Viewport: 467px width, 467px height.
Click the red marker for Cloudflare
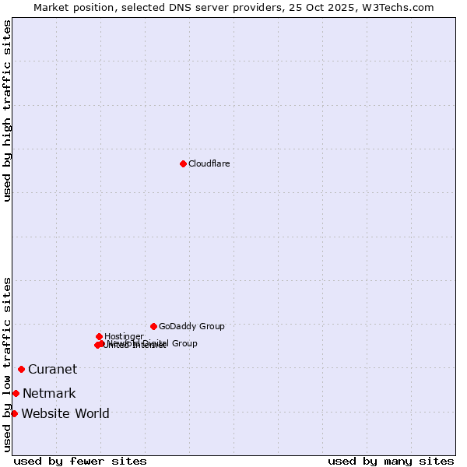coord(183,163)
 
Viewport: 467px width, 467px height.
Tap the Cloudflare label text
coord(209,163)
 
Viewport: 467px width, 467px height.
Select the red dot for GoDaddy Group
coord(153,326)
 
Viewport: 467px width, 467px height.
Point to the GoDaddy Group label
coord(191,326)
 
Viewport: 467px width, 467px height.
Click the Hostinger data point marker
coord(99,336)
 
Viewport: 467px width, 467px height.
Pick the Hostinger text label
coord(124,336)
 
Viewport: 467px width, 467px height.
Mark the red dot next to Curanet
coord(21,369)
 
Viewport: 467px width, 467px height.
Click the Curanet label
coord(52,369)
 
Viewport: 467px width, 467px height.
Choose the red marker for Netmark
coord(16,393)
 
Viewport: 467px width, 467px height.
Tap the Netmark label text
coord(49,393)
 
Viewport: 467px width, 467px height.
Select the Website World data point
coord(14,413)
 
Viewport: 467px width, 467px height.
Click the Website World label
coord(65,413)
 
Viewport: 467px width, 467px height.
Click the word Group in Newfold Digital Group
coord(184,343)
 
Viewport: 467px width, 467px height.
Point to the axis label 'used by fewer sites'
coord(80,461)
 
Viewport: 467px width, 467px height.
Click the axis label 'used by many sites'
coord(391,461)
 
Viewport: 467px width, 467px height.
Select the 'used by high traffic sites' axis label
coord(7,111)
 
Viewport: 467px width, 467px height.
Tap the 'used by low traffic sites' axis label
coord(7,363)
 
